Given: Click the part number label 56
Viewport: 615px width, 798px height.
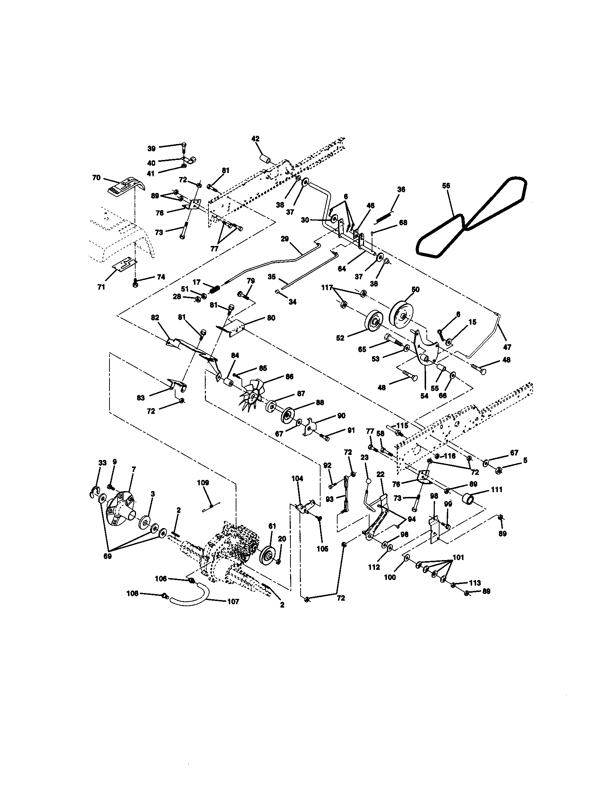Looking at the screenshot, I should (x=446, y=186).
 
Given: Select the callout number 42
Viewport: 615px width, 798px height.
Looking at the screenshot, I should (x=255, y=139).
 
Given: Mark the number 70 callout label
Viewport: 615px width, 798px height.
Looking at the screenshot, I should (x=96, y=178).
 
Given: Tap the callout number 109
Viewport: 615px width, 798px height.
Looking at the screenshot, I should (x=203, y=483).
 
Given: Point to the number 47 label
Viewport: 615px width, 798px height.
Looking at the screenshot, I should (x=507, y=347).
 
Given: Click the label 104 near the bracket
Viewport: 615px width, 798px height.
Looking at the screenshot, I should (x=297, y=478).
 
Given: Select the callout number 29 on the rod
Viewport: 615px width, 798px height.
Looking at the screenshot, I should (x=285, y=239).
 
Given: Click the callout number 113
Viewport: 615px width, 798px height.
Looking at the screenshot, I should (x=475, y=583).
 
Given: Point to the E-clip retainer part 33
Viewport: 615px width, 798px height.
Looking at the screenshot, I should (x=94, y=493).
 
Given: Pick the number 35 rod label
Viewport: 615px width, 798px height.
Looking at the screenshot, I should (x=272, y=277).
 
